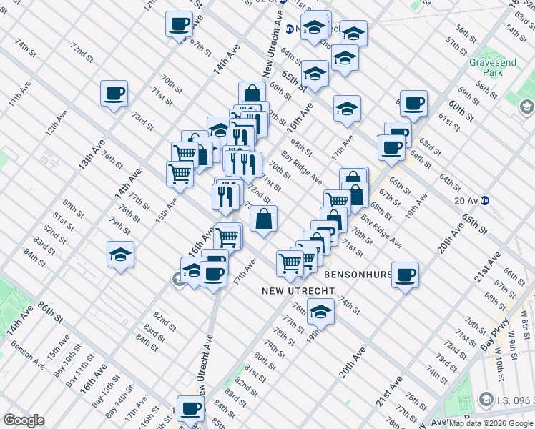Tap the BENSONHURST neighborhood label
coord(357,274)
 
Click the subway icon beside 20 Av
coord(484,201)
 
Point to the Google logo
coord(24,420)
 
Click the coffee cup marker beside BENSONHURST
coord(406,275)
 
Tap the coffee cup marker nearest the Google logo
coord(190,409)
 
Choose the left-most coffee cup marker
coord(114,93)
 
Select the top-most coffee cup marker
coord(179,24)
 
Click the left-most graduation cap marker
coord(120,255)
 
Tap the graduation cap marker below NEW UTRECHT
coord(320,312)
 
